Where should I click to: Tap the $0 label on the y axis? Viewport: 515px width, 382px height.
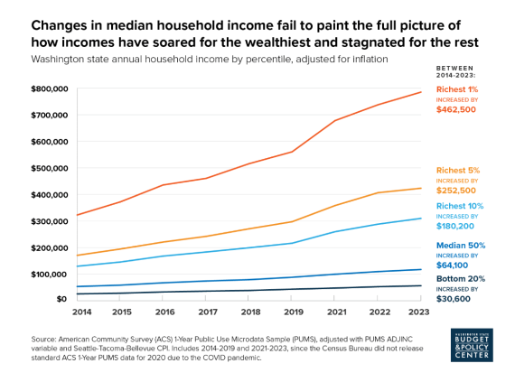point(61,299)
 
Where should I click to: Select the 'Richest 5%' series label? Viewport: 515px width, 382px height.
point(458,170)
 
